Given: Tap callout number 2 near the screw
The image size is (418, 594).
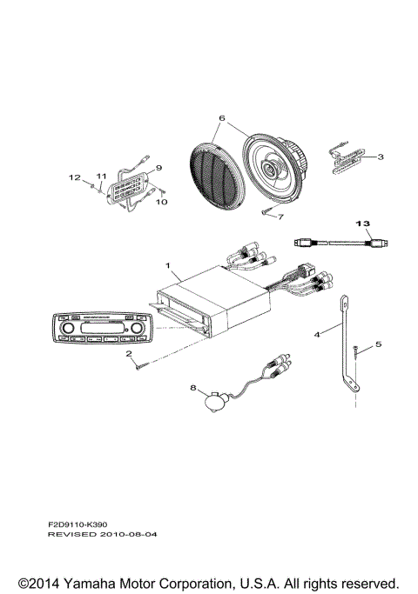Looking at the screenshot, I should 128,354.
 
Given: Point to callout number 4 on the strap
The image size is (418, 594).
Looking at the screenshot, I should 317,333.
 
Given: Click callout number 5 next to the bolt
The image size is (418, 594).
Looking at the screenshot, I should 378,344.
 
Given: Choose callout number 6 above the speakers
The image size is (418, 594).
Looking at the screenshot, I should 221,117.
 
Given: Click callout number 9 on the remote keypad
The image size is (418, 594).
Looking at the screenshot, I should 158,167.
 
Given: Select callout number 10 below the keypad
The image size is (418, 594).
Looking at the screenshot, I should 158,202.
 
